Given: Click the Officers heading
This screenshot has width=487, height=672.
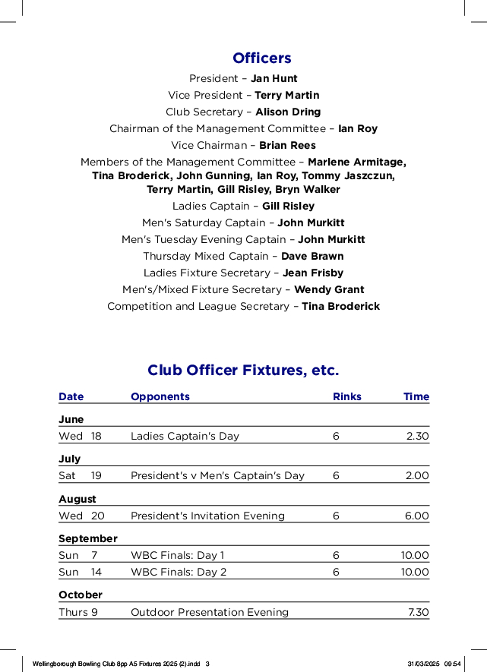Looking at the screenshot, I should tap(261, 58).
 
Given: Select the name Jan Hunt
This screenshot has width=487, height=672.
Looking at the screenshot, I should tap(274, 78).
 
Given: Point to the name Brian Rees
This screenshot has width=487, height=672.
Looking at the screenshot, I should tap(287, 145).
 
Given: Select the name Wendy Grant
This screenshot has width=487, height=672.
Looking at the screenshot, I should tap(329, 289).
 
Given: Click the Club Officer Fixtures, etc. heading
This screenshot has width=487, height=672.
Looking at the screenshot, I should tap(243, 371).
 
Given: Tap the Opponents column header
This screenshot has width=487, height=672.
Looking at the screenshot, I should tap(160, 396).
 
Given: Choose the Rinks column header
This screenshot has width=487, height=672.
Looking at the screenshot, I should tap(347, 396).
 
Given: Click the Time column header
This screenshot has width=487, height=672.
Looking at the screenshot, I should tap(416, 396).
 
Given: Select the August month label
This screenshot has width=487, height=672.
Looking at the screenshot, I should tap(77, 499).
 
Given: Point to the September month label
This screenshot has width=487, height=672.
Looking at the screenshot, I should tap(88, 538).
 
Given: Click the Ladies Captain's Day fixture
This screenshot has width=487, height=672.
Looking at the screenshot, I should tap(185, 436).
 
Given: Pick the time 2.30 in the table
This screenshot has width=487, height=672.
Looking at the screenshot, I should tap(417, 436).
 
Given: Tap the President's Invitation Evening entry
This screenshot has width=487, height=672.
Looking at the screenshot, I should tap(207, 516).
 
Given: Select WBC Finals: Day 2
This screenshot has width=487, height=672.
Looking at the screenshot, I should tap(179, 572).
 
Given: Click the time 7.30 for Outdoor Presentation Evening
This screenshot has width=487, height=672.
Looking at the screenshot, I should tap(419, 612).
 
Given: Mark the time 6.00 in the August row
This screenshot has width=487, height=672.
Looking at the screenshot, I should tap(416, 516).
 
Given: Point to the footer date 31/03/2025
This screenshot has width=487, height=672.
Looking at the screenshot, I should tap(423, 664).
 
